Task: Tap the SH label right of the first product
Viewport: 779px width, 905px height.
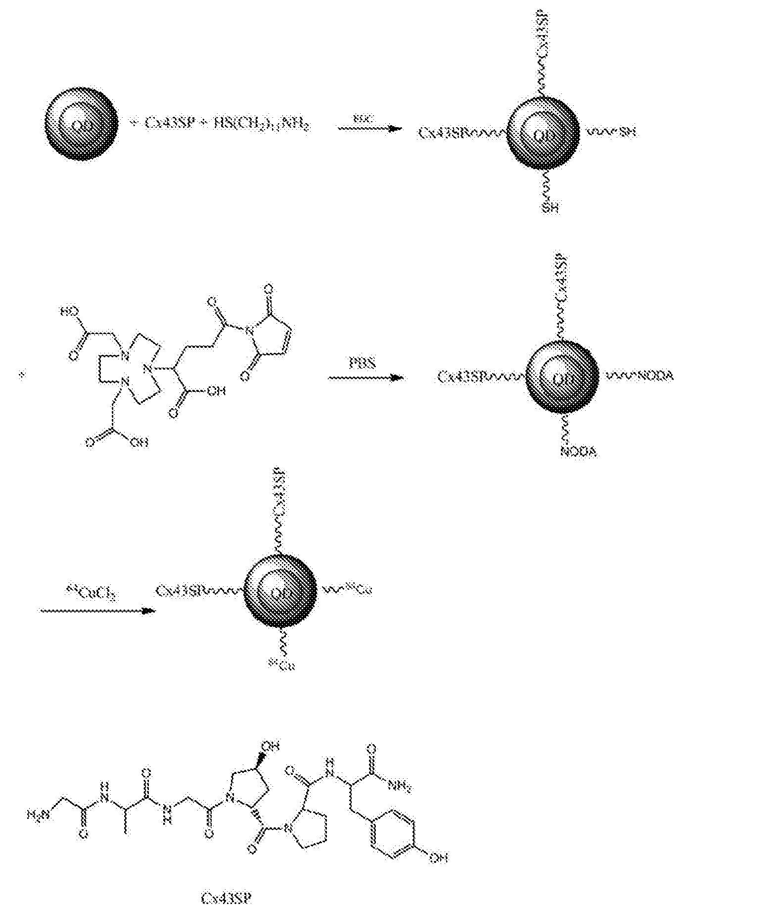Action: [x=625, y=132]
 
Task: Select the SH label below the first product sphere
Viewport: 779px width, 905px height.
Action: [x=550, y=207]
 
